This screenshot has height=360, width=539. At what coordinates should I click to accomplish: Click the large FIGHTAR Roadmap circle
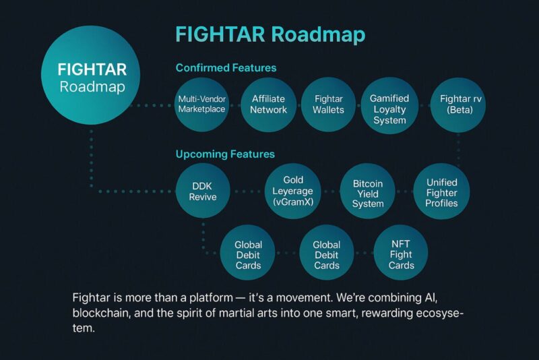[x=91, y=75]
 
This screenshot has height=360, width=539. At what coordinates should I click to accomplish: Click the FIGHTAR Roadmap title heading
[x=270, y=35]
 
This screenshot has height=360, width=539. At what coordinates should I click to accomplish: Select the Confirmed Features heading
[x=226, y=67]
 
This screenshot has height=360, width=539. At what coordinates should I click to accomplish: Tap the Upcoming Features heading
[x=225, y=154]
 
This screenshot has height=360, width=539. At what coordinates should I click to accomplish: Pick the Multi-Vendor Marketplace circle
[x=201, y=104]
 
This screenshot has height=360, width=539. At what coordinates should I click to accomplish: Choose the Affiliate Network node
[x=268, y=104]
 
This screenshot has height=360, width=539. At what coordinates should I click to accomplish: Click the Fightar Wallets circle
[x=328, y=104]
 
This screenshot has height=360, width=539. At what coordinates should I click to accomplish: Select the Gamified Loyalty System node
[x=389, y=106]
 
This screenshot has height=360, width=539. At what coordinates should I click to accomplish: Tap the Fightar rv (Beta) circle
[x=458, y=105]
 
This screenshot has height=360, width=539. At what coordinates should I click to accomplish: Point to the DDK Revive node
[x=203, y=191]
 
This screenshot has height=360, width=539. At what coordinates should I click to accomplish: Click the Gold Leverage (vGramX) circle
[x=293, y=191]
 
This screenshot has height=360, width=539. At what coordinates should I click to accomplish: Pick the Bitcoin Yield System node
[x=367, y=191]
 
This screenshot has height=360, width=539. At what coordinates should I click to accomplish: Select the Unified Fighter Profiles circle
[x=441, y=191]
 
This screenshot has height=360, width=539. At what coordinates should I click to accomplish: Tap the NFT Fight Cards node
[x=401, y=253]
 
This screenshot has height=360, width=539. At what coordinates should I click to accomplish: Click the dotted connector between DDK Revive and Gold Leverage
[x=247, y=191]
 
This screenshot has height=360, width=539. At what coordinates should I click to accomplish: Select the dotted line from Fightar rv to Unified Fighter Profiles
[x=459, y=149]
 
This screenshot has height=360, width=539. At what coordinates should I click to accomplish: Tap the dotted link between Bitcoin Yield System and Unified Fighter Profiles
[x=404, y=191]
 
